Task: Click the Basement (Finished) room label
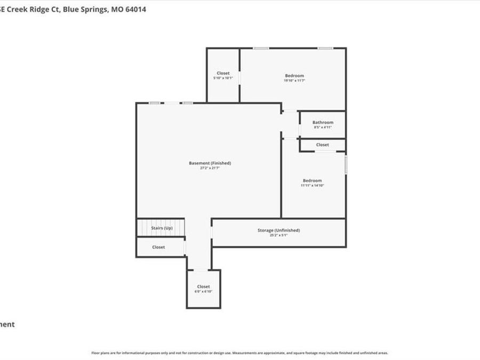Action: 210,163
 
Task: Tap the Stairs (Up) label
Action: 162,228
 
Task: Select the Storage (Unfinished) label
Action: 279,230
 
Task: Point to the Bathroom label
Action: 323,122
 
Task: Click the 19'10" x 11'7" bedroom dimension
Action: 294,81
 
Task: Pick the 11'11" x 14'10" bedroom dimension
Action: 313,186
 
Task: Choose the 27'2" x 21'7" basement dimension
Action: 210,168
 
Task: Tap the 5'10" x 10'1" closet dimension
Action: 223,78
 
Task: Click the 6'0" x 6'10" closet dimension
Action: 204,292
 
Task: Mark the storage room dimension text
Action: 279,235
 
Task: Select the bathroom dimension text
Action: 323,127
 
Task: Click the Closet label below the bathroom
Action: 322,145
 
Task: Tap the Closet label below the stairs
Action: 158,247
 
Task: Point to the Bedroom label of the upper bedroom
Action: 294,76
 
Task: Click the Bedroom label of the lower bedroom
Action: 313,181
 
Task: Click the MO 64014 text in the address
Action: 131,9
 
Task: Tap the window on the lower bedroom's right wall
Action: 346,164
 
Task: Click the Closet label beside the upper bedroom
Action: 223,73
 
